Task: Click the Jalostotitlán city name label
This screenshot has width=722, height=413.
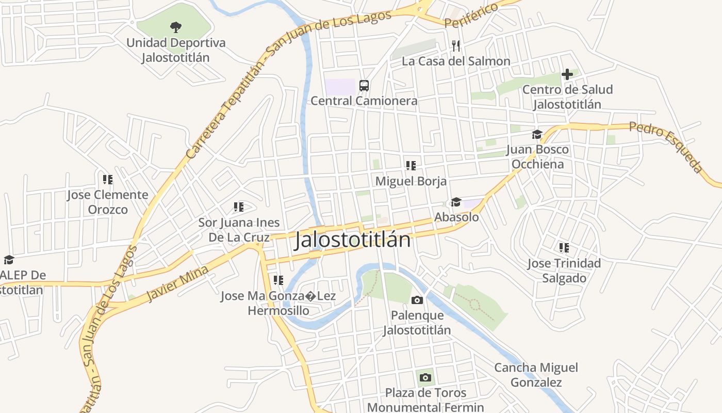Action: (x=353, y=241)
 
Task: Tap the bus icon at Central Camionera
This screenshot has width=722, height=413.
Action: (x=364, y=85)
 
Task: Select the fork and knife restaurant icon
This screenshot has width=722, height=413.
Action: (x=456, y=46)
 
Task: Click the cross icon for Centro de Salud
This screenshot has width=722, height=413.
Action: (x=567, y=74)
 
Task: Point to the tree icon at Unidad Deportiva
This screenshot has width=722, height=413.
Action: (x=176, y=27)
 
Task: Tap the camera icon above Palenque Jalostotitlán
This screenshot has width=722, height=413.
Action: (x=417, y=300)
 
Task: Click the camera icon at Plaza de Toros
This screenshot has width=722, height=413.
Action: (x=425, y=377)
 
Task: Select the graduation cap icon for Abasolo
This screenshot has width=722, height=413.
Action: (x=456, y=202)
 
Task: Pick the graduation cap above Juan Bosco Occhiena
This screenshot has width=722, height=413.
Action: (x=537, y=135)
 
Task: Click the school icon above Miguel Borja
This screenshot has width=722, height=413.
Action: (x=411, y=166)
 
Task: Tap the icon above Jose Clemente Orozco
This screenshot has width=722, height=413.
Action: (x=107, y=180)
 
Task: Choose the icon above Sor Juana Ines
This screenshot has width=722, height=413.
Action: (x=238, y=207)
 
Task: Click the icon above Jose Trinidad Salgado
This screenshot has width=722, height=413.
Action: (x=564, y=248)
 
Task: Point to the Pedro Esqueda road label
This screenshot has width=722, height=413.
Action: (x=666, y=147)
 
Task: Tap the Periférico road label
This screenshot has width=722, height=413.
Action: (x=471, y=15)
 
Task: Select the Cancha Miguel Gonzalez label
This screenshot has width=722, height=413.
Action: (x=536, y=375)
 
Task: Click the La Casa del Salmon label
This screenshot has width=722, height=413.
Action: (x=456, y=61)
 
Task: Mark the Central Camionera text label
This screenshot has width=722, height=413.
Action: (x=364, y=100)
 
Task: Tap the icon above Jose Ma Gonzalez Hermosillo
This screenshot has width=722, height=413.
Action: (x=278, y=280)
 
